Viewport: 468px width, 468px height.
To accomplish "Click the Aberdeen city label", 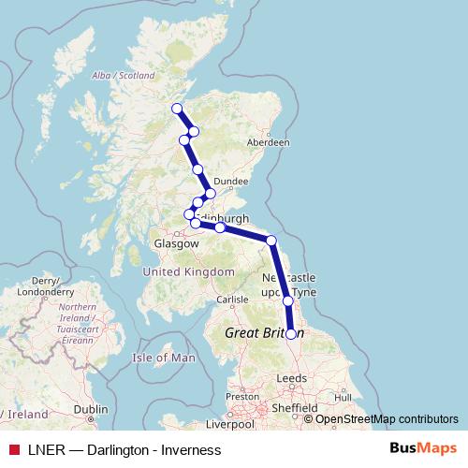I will coord(268,142).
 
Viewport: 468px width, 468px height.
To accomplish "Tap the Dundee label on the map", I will coord(229,182).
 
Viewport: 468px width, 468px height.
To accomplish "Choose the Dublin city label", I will coord(91,409).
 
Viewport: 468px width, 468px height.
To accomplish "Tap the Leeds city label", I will coord(291,378).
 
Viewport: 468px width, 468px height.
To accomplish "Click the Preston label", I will coord(241,396).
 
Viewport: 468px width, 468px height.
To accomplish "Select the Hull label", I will coord(343,397).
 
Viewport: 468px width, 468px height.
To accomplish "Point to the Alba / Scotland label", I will coord(123,76).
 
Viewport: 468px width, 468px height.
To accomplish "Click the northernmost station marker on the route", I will coord(176,109).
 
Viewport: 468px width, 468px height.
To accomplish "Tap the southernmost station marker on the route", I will coord(291,333).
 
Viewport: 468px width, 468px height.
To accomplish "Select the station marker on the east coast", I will coord(271,241).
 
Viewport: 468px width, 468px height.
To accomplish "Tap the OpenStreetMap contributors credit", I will coord(387,419).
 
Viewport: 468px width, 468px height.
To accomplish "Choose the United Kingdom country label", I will coord(188,271).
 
